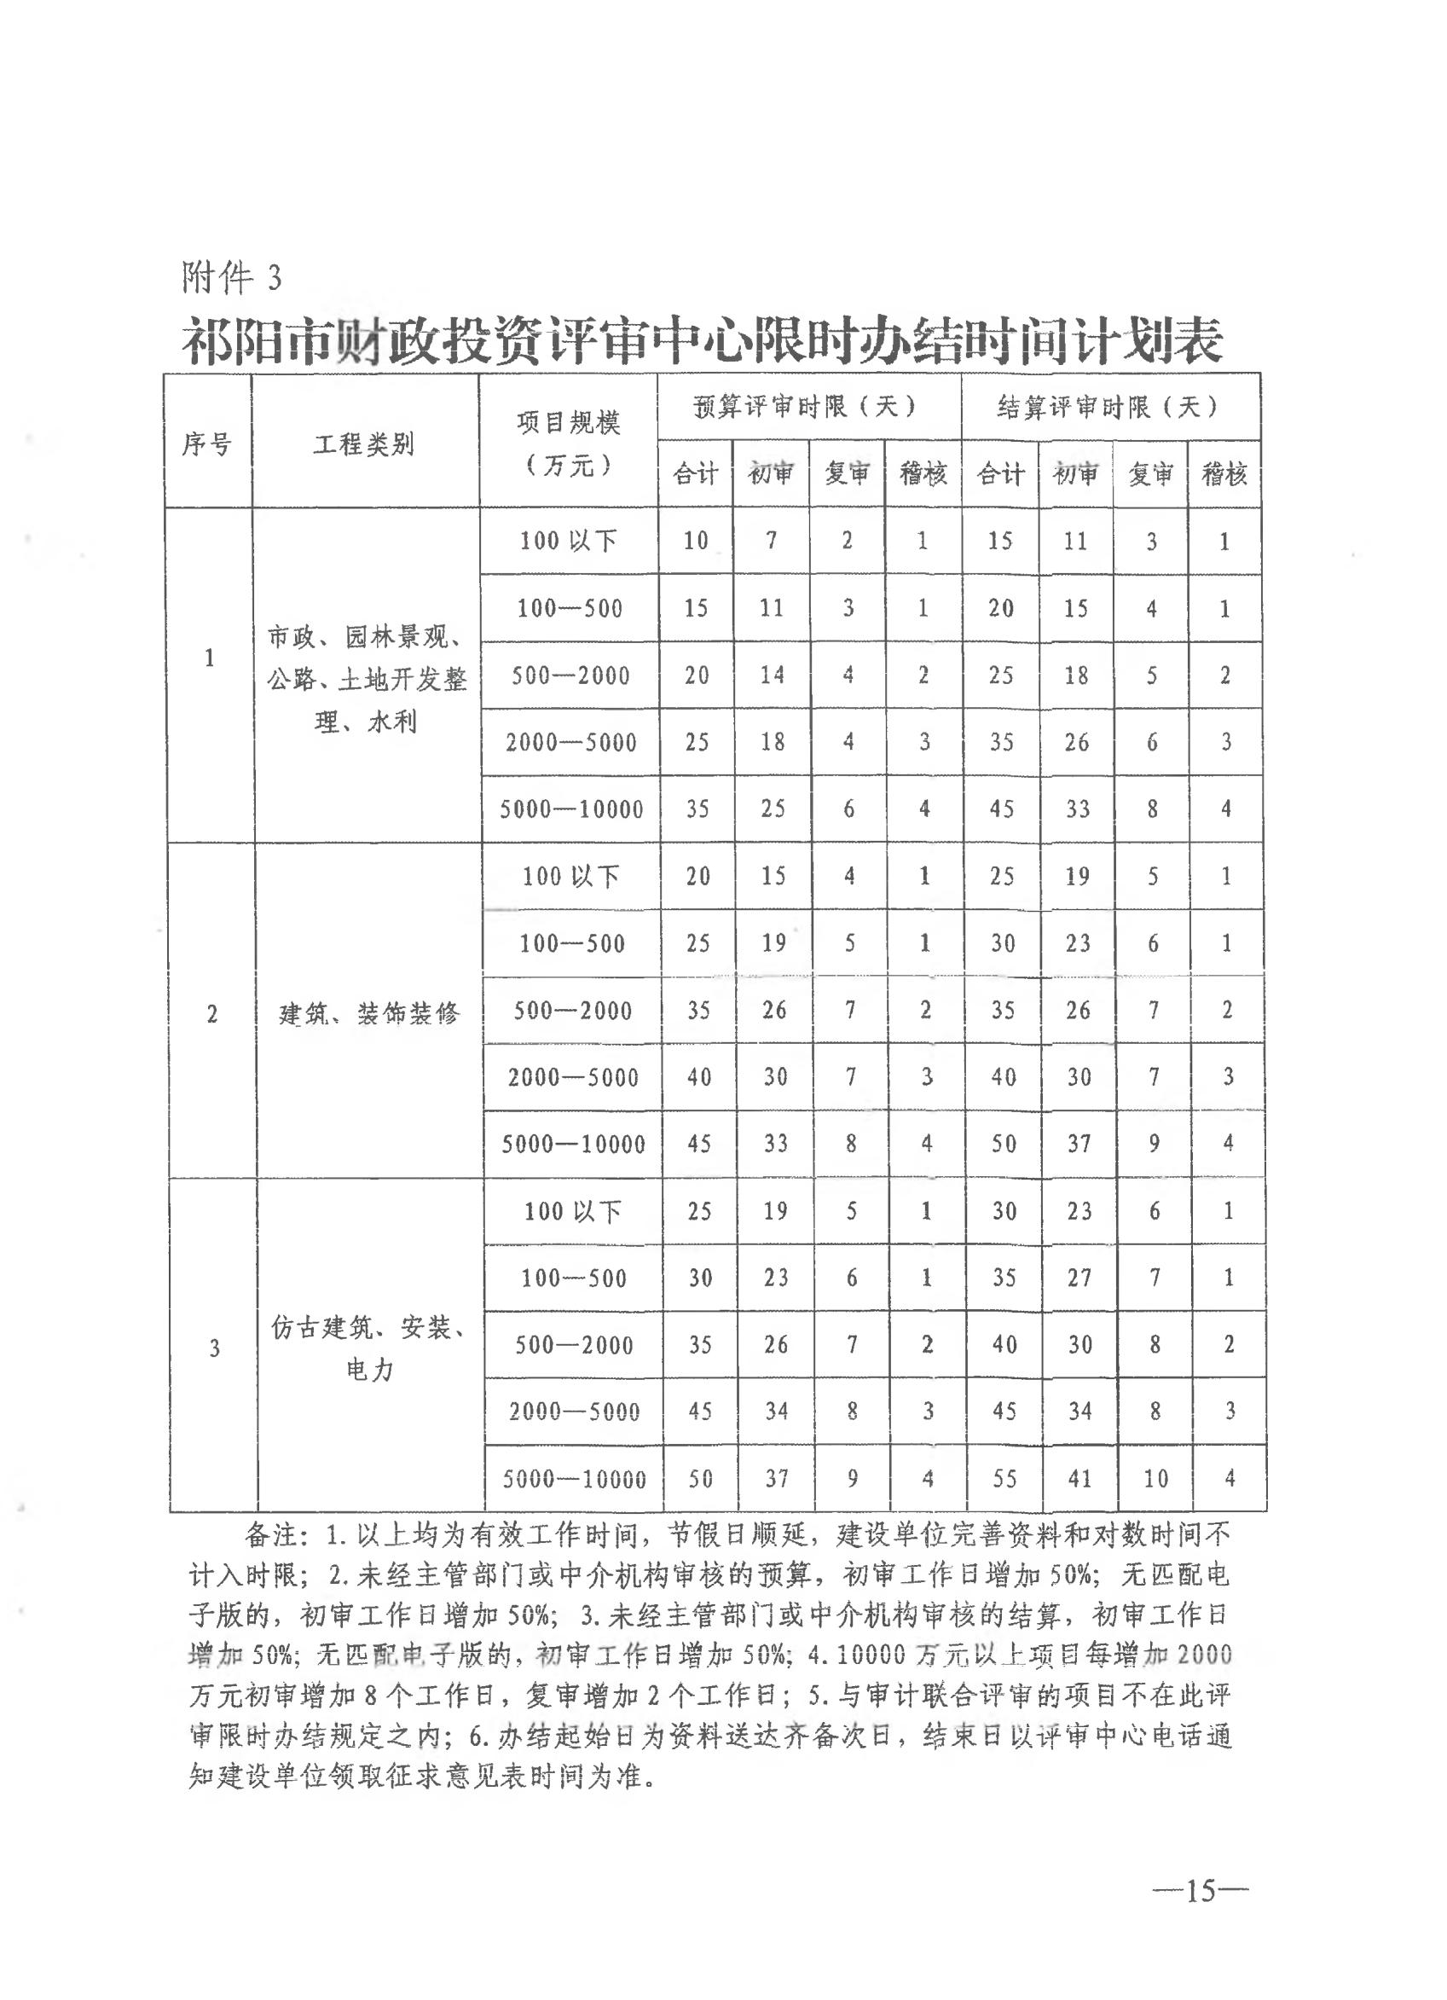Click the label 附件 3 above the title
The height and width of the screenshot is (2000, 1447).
tap(232, 278)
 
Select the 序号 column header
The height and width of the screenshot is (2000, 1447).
tap(207, 443)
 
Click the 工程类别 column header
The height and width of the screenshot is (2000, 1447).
tap(364, 443)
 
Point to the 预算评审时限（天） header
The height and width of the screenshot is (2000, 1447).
tap(807, 407)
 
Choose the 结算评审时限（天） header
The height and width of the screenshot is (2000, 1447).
tap(1109, 407)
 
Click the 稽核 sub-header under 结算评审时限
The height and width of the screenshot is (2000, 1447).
tap(1224, 475)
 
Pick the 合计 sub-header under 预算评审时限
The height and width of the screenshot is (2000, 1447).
tap(696, 475)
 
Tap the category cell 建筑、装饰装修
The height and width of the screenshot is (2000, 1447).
tap(369, 1013)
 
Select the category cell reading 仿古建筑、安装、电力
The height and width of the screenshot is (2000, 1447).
tap(369, 1348)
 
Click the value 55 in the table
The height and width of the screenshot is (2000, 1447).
tap(1005, 1479)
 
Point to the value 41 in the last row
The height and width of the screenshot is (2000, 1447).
tap(1080, 1479)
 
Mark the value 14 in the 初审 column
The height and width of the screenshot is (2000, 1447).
tap(773, 675)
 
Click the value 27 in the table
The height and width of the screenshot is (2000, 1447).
tap(1080, 1278)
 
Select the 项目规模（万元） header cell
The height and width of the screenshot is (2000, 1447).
tap(569, 443)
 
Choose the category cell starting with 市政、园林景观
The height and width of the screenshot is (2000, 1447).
tap(367, 679)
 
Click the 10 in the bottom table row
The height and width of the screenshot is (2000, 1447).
tap(1155, 1479)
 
